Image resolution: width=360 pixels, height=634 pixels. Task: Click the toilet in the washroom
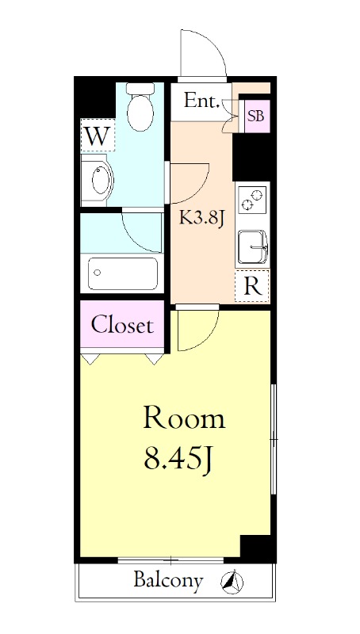[140, 107]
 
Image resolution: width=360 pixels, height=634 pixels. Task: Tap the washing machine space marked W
[98, 136]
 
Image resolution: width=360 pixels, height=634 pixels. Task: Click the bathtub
[123, 273]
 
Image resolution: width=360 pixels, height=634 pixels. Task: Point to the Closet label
[122, 325]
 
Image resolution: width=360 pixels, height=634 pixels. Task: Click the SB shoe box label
[256, 116]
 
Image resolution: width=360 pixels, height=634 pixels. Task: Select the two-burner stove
[252, 200]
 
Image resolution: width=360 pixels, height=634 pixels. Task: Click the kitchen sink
[253, 247]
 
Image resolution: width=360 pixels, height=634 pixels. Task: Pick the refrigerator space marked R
[252, 287]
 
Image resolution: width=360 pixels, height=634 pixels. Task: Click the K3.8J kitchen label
[202, 219]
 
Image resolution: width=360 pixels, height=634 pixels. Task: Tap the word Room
[184, 418]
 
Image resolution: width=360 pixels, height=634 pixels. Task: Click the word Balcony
[168, 581]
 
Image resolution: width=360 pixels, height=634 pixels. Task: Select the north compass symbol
[232, 582]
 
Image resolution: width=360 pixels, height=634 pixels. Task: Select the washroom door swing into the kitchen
[198, 190]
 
